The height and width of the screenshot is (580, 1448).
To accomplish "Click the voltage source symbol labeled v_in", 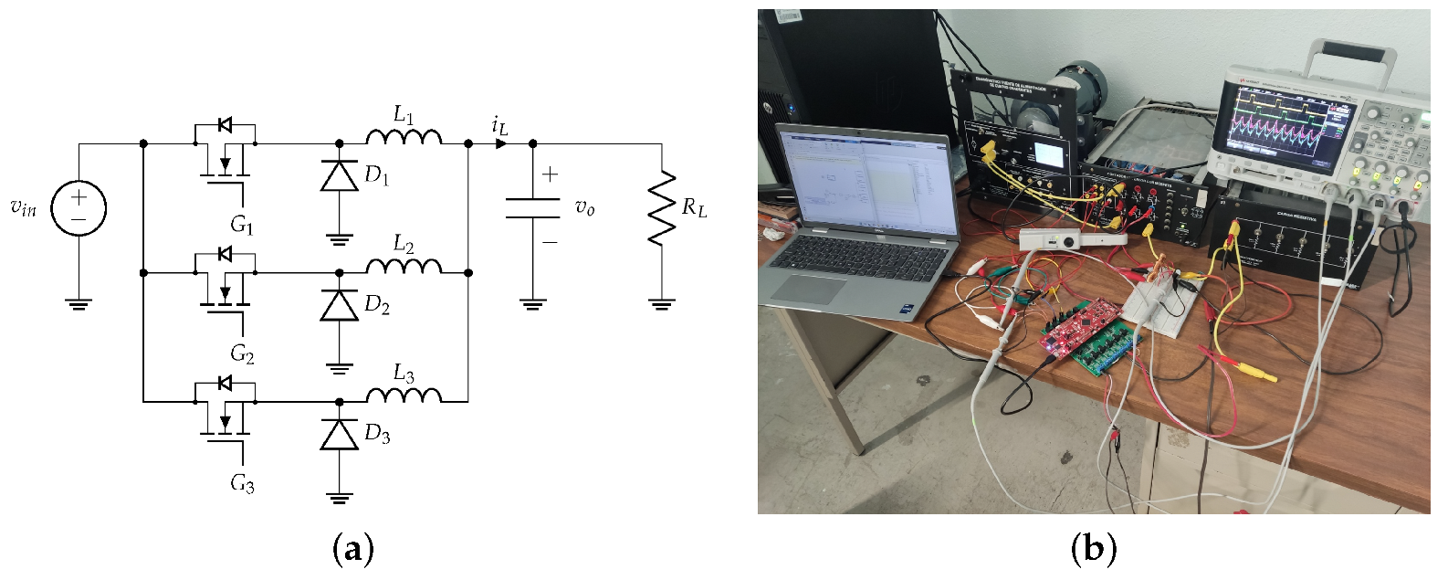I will click(79, 207).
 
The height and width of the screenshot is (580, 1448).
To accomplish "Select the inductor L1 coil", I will click(404, 137).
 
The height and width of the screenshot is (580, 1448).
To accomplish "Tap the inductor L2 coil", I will click(404, 266).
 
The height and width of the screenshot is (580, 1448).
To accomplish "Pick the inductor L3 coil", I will click(404, 395).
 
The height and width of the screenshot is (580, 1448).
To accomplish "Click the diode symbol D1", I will click(339, 175).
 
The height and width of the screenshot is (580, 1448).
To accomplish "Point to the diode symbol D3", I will click(339, 434).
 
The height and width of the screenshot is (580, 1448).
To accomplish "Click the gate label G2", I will click(242, 353).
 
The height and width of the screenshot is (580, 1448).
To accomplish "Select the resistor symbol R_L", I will click(662, 207).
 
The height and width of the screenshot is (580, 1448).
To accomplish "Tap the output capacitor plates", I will click(532, 208).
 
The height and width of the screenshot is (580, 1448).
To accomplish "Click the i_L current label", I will click(499, 125).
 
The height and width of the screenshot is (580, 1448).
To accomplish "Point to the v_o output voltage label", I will click(584, 208).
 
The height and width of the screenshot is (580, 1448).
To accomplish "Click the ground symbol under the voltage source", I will click(79, 304).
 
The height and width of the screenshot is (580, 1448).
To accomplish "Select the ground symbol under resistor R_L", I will click(662, 304).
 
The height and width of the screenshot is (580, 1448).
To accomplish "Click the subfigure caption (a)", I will click(353, 550).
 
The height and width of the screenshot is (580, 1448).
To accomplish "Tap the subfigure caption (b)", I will click(1093, 550).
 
